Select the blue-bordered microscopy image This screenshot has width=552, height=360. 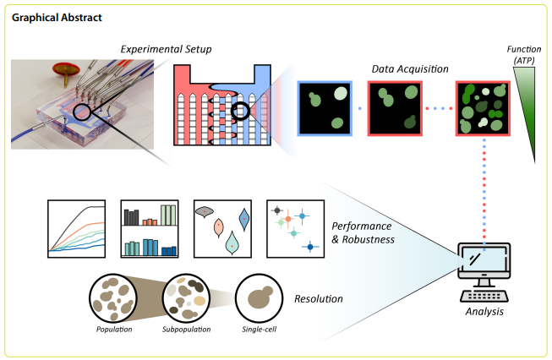click(325, 108)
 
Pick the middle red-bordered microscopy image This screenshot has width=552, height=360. click(394, 108)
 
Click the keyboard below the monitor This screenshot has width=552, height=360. click(484, 296)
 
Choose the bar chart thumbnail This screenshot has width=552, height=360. click(150, 228)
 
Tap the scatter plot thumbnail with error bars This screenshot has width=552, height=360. click(295, 228)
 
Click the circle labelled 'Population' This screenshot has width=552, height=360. click(114, 297)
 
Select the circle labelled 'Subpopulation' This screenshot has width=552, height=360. click(186, 297)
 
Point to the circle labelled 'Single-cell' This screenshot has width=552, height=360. click(259, 297)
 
